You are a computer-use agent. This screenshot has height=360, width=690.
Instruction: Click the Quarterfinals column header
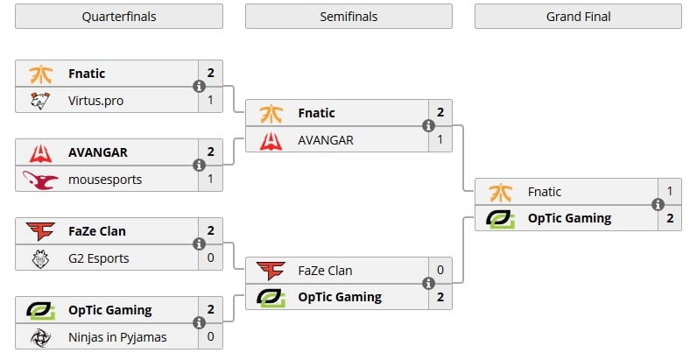click(x=119, y=17)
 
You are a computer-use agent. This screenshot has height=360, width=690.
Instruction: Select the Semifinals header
click(x=349, y=17)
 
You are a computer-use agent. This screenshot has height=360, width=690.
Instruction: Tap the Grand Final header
click(x=578, y=17)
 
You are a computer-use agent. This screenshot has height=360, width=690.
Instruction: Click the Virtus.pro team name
click(x=95, y=101)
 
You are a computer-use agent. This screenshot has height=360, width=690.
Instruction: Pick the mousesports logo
click(x=40, y=180)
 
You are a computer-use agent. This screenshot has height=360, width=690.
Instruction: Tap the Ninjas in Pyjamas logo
click(x=40, y=337)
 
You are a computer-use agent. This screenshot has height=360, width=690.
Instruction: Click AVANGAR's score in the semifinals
click(x=440, y=139)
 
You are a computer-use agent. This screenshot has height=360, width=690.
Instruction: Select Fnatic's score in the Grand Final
click(x=669, y=192)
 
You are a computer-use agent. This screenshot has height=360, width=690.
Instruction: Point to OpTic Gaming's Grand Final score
click(x=669, y=218)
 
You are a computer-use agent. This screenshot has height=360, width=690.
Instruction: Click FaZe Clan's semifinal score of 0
click(x=440, y=271)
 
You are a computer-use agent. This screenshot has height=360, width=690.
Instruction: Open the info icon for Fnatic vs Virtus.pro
click(x=199, y=87)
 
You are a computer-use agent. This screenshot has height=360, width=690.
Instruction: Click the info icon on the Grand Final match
click(x=658, y=205)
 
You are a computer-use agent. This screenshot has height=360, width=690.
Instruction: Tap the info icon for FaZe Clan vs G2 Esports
click(x=199, y=244)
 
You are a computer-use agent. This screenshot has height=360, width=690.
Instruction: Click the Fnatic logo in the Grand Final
click(x=499, y=192)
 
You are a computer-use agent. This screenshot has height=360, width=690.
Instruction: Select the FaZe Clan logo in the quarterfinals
click(x=40, y=231)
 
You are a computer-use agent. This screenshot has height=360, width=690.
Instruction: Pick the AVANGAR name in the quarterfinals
click(x=98, y=152)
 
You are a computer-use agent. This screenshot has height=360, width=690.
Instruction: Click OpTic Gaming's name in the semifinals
click(x=340, y=297)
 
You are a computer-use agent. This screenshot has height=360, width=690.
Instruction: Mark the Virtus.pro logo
click(x=40, y=101)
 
